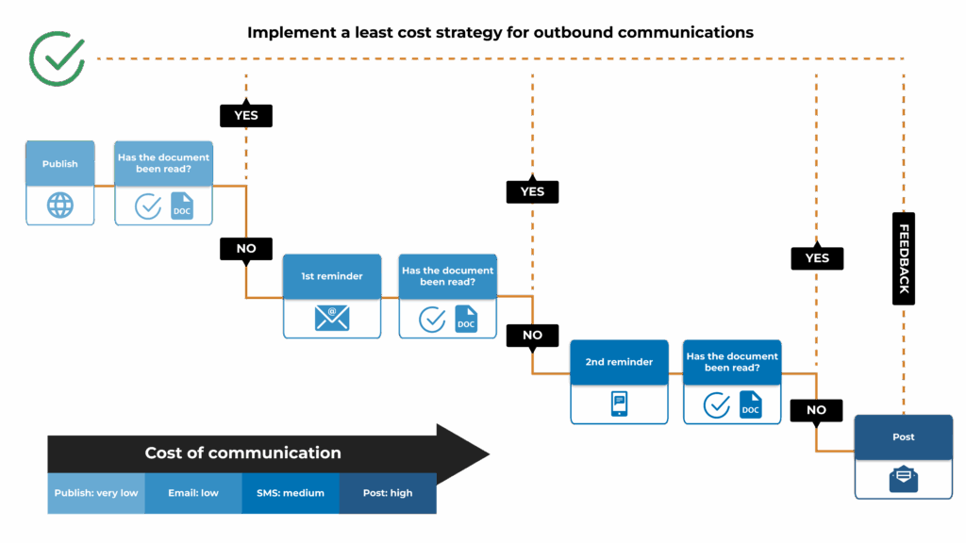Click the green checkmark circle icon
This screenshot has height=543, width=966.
58,58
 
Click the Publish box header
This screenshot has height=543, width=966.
60,164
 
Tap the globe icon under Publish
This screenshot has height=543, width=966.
60,206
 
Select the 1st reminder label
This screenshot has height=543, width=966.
332,276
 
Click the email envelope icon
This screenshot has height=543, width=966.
332,319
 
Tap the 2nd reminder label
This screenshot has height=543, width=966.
619,362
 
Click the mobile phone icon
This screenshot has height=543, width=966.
619,404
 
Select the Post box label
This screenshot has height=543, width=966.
903,437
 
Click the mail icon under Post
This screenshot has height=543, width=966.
903,479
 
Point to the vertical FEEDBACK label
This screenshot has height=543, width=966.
903,258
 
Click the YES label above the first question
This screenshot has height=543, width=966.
246,116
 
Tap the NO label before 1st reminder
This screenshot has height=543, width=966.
246,249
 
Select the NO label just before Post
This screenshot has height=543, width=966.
816,410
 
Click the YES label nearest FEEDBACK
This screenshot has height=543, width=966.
817,258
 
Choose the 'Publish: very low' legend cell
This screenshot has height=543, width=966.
96,493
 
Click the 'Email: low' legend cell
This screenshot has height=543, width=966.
193,493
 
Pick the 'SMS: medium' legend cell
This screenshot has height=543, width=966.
291,493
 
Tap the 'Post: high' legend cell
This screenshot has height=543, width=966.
388,493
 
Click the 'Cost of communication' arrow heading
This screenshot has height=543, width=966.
243,453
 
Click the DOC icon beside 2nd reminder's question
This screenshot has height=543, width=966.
750,405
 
